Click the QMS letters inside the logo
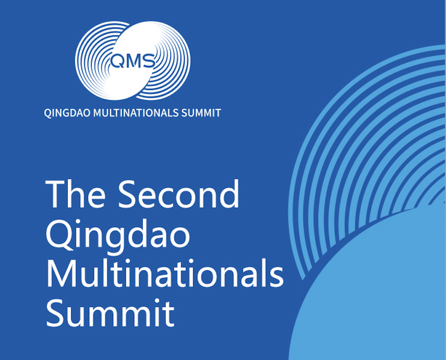(132, 61)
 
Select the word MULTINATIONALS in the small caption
(136, 113)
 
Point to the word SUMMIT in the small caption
(201, 113)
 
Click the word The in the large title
(75, 194)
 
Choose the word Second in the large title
(178, 194)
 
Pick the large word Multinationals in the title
(165, 272)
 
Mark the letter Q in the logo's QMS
(117, 61)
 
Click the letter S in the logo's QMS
(149, 61)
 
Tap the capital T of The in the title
(56, 195)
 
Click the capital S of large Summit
(55, 312)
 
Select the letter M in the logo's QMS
(133, 61)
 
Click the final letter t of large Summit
(169, 314)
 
